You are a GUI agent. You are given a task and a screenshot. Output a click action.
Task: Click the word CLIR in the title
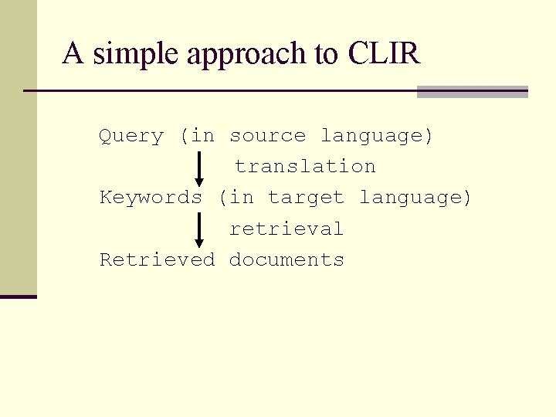[384, 54]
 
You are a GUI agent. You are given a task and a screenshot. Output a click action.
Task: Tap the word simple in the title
[137, 55]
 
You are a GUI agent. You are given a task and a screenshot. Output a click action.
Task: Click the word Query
[131, 137]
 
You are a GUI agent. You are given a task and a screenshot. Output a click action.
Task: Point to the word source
[267, 137]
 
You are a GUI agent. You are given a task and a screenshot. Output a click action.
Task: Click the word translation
[305, 167]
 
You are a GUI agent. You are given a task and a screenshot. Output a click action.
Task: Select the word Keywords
[151, 198]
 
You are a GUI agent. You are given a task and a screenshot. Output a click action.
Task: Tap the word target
[306, 198]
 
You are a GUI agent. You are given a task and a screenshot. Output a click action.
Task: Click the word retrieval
[286, 229]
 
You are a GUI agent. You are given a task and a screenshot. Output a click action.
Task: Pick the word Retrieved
[157, 260]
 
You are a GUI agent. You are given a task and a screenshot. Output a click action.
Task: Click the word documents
[286, 260]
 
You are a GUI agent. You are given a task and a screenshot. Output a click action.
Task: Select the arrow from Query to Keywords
[199, 168]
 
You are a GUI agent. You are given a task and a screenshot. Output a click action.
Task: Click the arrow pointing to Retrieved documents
[199, 230]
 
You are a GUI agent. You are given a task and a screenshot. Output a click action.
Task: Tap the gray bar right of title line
[472, 92]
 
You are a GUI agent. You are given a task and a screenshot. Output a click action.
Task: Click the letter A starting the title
[72, 54]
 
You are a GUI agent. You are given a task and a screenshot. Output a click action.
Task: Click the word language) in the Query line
[377, 137]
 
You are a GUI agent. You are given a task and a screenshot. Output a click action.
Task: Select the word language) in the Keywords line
[415, 198]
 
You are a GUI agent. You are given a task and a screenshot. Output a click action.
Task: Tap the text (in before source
[197, 137]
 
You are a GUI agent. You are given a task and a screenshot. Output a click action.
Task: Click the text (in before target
[236, 198]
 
